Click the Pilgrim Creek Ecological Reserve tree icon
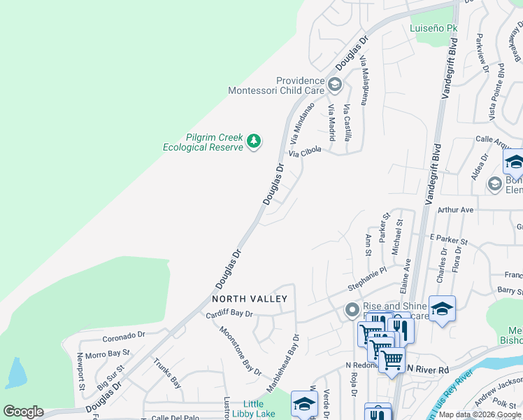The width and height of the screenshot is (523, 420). (x=254, y=142)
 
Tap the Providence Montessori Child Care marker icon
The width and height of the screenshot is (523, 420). (x=335, y=85)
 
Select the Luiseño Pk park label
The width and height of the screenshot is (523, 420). (x=433, y=29)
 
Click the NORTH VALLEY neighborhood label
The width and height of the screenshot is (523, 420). (x=250, y=299)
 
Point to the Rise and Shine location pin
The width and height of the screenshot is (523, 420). (x=352, y=309)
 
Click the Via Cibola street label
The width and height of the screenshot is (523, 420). (x=305, y=151)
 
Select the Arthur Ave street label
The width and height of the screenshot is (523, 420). (x=455, y=210)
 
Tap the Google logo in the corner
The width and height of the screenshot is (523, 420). (x=23, y=412)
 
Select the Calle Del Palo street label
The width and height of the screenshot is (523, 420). (x=176, y=418)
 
